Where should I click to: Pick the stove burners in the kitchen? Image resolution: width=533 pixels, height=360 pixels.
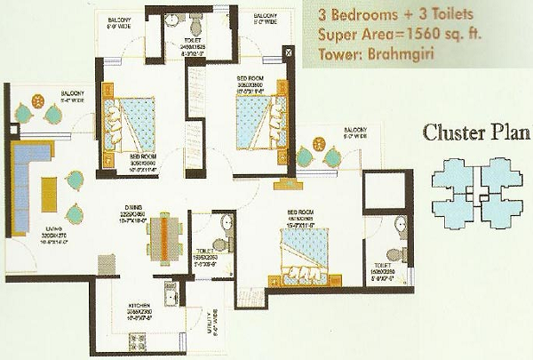click(138, 340)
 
